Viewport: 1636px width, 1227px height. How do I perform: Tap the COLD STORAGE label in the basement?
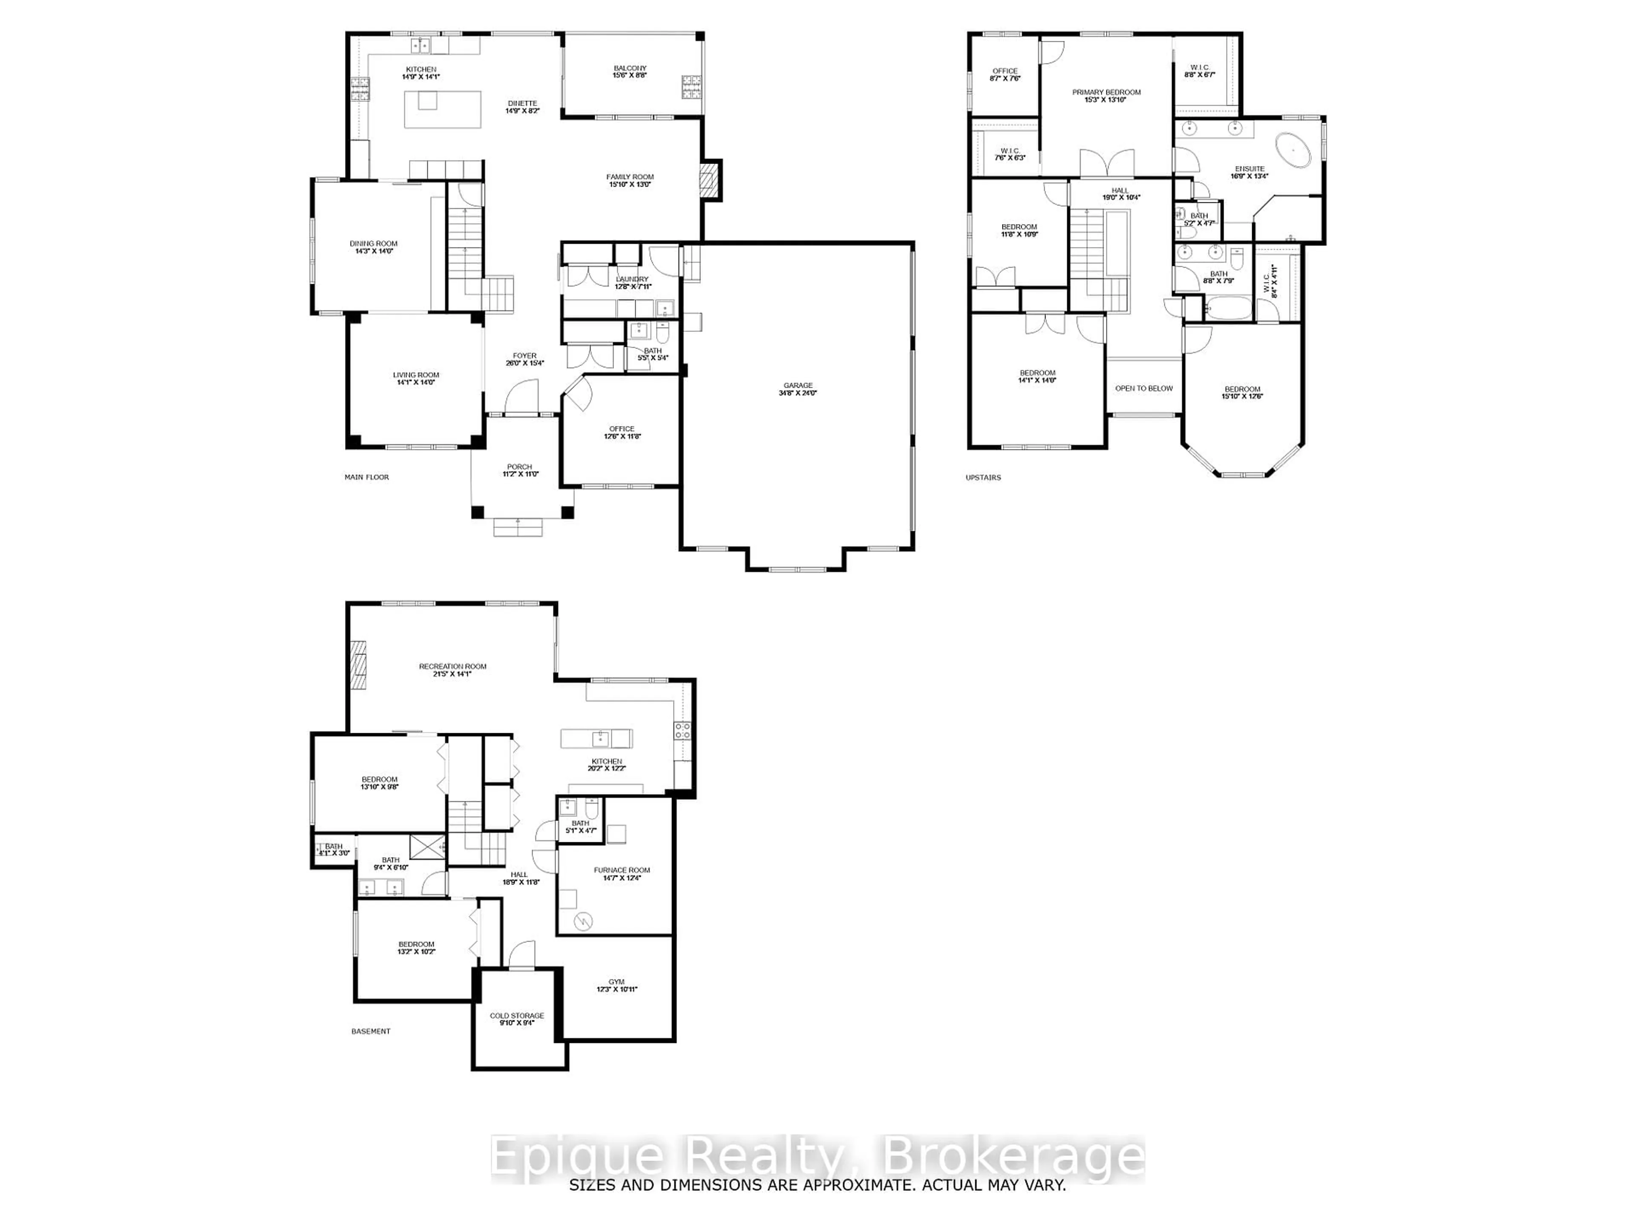[516, 1018]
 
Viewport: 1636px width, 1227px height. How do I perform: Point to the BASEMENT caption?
[371, 1031]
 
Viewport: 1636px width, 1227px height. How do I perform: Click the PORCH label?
[519, 469]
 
